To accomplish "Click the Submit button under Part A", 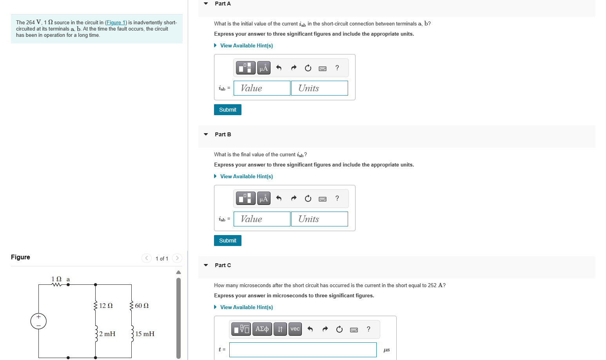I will (227, 110).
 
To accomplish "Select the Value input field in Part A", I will (262, 88).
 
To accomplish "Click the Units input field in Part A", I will (319, 88).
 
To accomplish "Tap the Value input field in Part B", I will (262, 219).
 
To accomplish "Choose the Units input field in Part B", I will (319, 219).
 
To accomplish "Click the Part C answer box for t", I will (303, 350).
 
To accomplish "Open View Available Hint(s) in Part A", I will (246, 46).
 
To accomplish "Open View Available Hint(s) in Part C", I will (246, 308).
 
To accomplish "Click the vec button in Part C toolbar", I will (295, 329).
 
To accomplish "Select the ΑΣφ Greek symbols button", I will (262, 329).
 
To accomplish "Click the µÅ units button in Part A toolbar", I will (264, 68).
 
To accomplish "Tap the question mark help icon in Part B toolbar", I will (337, 199).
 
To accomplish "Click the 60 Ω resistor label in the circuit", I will (142, 306).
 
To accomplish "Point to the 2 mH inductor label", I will (107, 334).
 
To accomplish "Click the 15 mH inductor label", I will (145, 334).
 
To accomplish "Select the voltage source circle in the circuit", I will (38, 321).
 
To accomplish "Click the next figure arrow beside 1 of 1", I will (177, 258).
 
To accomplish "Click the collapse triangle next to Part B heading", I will (206, 134).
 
